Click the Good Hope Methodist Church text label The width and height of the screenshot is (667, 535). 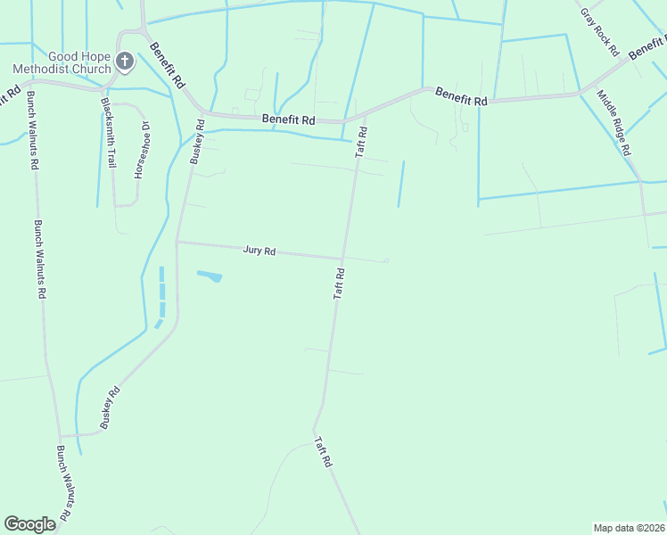click(61, 62)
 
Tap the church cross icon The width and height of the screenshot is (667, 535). click(126, 62)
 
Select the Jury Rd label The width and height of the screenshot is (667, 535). click(259, 251)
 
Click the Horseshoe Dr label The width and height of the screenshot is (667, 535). click(140, 150)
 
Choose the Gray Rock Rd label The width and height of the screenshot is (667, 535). click(599, 33)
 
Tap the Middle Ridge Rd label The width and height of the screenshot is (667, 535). click(614, 123)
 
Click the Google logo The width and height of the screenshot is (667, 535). click(29, 524)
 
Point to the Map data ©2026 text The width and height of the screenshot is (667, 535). click(630, 528)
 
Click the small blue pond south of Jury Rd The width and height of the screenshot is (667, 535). click(209, 276)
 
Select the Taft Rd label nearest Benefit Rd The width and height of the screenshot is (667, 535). click(362, 143)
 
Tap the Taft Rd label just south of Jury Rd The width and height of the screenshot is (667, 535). click(339, 282)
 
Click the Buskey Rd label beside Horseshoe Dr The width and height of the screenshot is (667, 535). click(198, 143)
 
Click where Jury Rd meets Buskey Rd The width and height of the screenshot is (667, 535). click(177, 242)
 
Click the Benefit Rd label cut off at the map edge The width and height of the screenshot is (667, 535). click(647, 47)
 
